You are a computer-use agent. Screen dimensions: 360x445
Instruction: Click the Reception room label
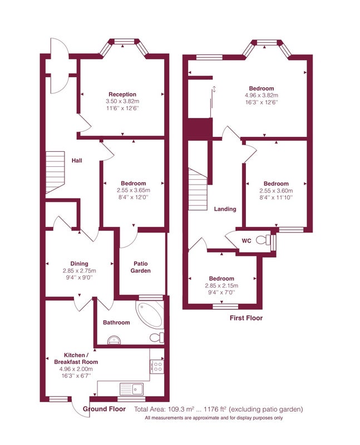[122, 94]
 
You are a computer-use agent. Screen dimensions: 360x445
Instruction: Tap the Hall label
[77, 160]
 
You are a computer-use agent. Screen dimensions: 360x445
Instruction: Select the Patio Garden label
[141, 267]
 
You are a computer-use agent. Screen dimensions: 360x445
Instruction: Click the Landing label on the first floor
[225, 209]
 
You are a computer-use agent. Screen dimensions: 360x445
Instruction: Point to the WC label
[246, 241]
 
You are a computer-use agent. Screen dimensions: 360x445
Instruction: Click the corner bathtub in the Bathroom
[149, 314]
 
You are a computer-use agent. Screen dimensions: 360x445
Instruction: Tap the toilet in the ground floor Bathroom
[157, 338]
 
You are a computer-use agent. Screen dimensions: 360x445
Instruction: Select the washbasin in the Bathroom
[115, 340]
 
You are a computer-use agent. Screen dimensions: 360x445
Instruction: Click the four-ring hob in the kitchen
[157, 366]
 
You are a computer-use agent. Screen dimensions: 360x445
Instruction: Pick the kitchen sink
[131, 388]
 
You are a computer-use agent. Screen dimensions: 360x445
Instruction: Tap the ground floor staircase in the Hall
[55, 172]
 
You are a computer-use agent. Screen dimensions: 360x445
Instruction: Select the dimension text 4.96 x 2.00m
[76, 369]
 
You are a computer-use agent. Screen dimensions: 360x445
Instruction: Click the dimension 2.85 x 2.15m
[221, 285]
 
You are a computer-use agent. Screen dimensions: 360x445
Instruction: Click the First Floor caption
[246, 318]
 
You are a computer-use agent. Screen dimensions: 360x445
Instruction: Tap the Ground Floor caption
[104, 409]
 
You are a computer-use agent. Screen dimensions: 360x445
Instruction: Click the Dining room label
[79, 264]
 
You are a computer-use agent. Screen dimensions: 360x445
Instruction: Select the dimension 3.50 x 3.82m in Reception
[122, 101]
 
